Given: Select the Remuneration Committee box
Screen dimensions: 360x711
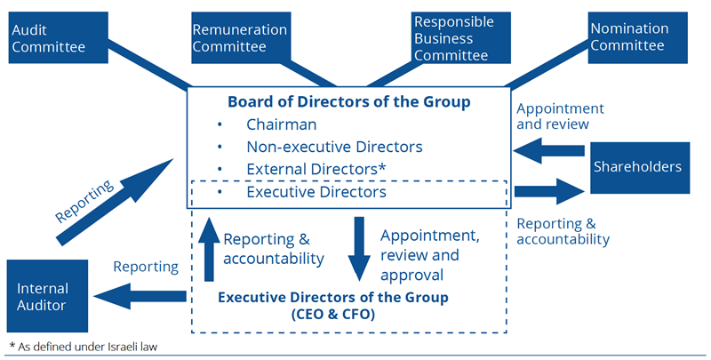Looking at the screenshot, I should (x=240, y=36).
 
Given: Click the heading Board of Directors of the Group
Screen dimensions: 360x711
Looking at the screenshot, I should (x=348, y=101).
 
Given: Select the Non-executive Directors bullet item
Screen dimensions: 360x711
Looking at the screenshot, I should (x=334, y=146).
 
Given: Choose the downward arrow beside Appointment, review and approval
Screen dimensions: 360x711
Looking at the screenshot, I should (x=360, y=249).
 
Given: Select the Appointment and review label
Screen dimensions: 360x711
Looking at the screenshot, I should (x=560, y=116).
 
